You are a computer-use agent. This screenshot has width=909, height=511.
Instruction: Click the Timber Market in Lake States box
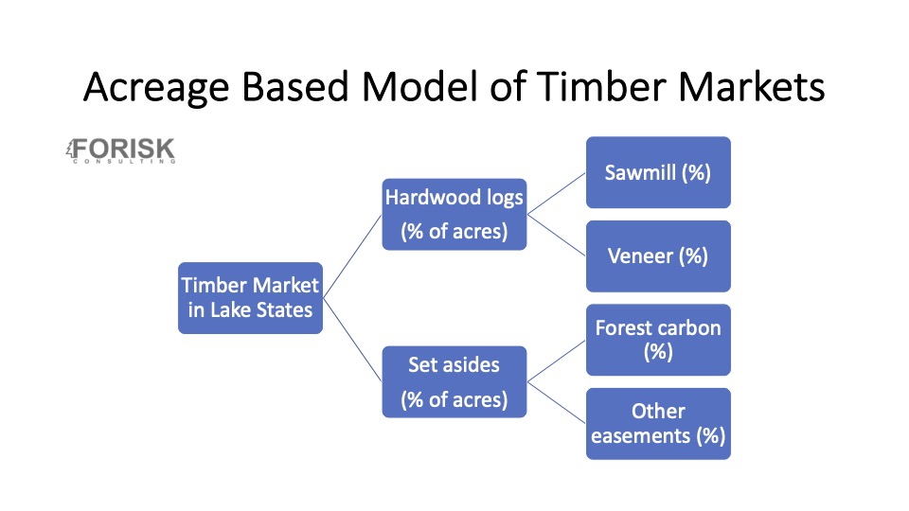pyautogui.click(x=251, y=297)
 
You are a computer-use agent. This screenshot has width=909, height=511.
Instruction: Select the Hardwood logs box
pyautogui.click(x=454, y=214)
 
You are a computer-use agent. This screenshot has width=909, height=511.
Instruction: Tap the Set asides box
pyautogui.click(x=454, y=380)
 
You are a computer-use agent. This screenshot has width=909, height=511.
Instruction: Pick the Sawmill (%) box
pyautogui.click(x=658, y=172)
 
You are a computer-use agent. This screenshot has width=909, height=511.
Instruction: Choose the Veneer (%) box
pyautogui.click(x=658, y=255)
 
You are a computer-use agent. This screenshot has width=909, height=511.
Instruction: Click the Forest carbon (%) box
pyautogui.click(x=658, y=339)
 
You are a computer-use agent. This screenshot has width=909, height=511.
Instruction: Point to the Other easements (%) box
pyautogui.click(x=658, y=423)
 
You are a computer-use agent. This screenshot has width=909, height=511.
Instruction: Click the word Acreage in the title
pyautogui.click(x=157, y=88)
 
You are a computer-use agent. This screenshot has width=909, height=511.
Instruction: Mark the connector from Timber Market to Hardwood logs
pyautogui.click(x=352, y=256)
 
